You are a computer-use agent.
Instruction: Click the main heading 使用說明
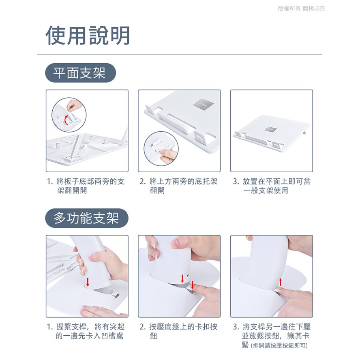point(88,35)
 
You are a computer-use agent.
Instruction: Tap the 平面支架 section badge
point(80,73)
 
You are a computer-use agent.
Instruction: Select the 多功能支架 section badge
point(87,218)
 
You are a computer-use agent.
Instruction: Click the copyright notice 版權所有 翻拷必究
point(302,9)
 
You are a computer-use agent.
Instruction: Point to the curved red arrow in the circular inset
point(66,120)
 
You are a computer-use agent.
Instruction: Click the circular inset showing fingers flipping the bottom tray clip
point(161,149)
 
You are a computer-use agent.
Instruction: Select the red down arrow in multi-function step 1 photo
point(88,282)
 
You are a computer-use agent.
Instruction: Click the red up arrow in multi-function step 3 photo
point(280,282)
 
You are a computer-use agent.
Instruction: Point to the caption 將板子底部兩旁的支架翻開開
point(86,186)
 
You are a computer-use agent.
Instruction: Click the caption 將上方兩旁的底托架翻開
point(178,186)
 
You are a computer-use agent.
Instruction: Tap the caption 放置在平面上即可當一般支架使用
point(272,186)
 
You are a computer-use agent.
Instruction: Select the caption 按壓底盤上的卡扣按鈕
point(178,331)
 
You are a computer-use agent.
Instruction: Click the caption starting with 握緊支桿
point(86,331)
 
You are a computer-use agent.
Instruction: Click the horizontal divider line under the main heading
point(180,55)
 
